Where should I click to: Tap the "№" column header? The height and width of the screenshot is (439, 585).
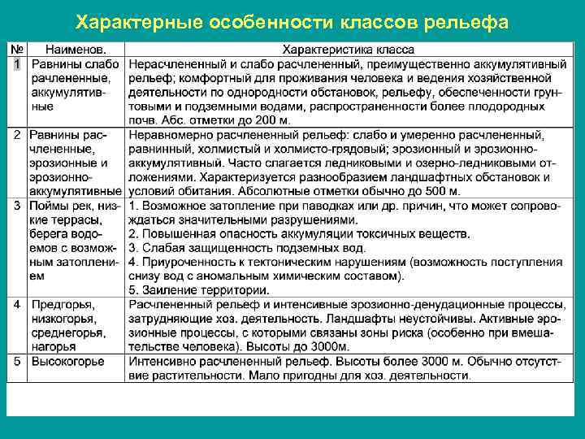tap(16, 50)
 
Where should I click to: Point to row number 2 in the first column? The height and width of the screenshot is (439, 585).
tap(17, 133)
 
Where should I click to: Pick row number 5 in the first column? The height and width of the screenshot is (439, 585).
tap(17, 361)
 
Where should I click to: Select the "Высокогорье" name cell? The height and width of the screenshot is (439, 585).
tap(67, 361)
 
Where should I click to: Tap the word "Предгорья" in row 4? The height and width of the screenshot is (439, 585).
tap(63, 305)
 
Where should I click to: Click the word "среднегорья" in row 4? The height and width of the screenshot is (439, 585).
tap(68, 333)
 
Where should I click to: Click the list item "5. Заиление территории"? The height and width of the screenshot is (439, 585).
tap(201, 290)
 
